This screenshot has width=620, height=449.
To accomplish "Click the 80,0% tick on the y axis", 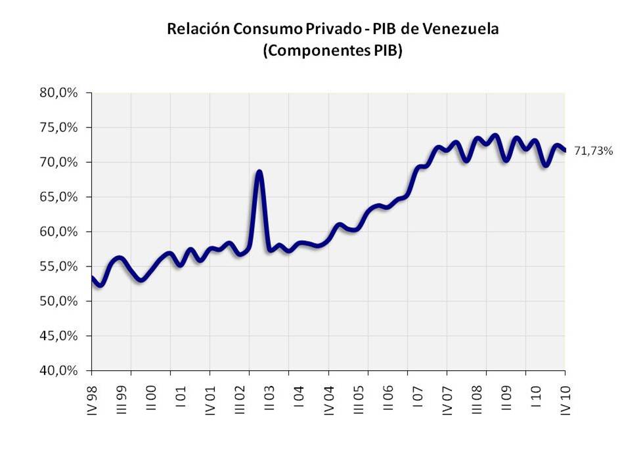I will point(59,93).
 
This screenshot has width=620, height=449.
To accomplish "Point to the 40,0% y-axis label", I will point(59,371).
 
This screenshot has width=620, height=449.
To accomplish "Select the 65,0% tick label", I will point(59,197).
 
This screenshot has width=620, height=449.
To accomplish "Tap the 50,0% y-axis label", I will point(59,301).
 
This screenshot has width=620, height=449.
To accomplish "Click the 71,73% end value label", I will point(594,151).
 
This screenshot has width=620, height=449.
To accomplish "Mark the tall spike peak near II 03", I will point(259,172).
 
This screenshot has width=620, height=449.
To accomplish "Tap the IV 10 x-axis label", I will point(565,397).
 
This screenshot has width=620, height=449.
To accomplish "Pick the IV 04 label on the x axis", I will point(329,397).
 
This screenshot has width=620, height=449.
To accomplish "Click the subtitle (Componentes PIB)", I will point(332,51).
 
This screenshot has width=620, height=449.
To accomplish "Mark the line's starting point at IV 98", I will point(93,278).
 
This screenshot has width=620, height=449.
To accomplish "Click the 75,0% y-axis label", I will point(59,127).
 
